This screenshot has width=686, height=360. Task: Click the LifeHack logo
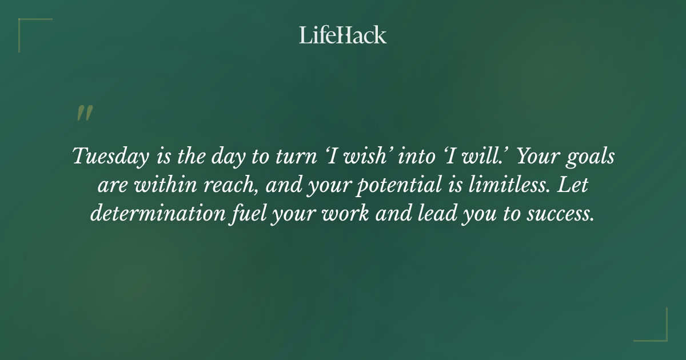point(343,35)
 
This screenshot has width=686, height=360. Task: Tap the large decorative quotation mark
point(84,113)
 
